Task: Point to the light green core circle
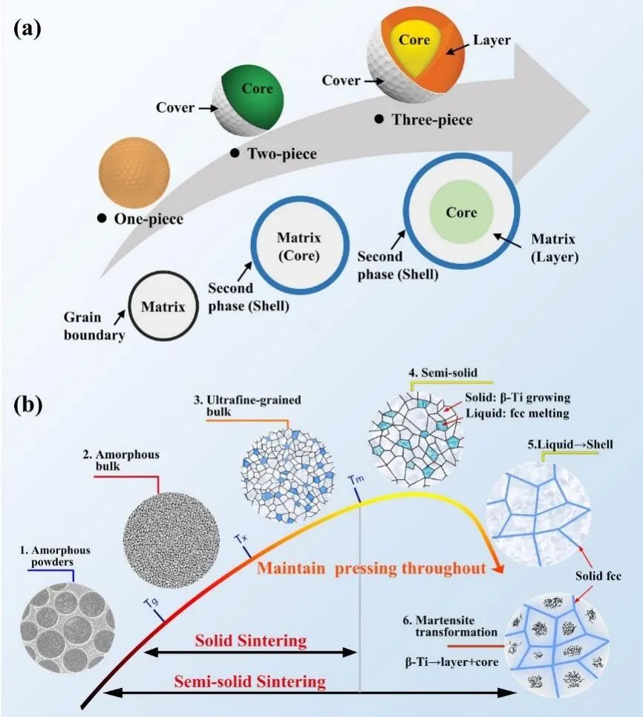pyautogui.click(x=461, y=214)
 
